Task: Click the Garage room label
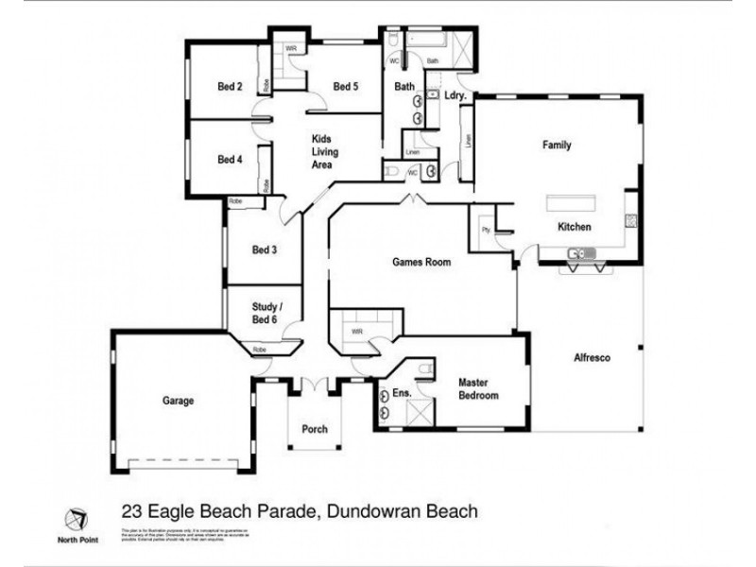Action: pyautogui.click(x=178, y=401)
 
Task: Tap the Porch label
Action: pyautogui.click(x=315, y=429)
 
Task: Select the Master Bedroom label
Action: pyautogui.click(x=478, y=389)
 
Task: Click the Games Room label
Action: pyautogui.click(x=421, y=264)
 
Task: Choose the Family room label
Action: pyautogui.click(x=557, y=146)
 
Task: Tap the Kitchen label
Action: pyautogui.click(x=574, y=227)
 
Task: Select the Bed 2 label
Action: pyautogui.click(x=231, y=87)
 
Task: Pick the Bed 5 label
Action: pyautogui.click(x=347, y=87)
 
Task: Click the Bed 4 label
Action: pyautogui.click(x=231, y=160)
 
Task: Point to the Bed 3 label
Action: pyautogui.click(x=265, y=250)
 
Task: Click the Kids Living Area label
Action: pyautogui.click(x=326, y=151)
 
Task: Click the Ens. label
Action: pyautogui.click(x=389, y=390)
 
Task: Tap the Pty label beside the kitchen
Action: pyautogui.click(x=486, y=230)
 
